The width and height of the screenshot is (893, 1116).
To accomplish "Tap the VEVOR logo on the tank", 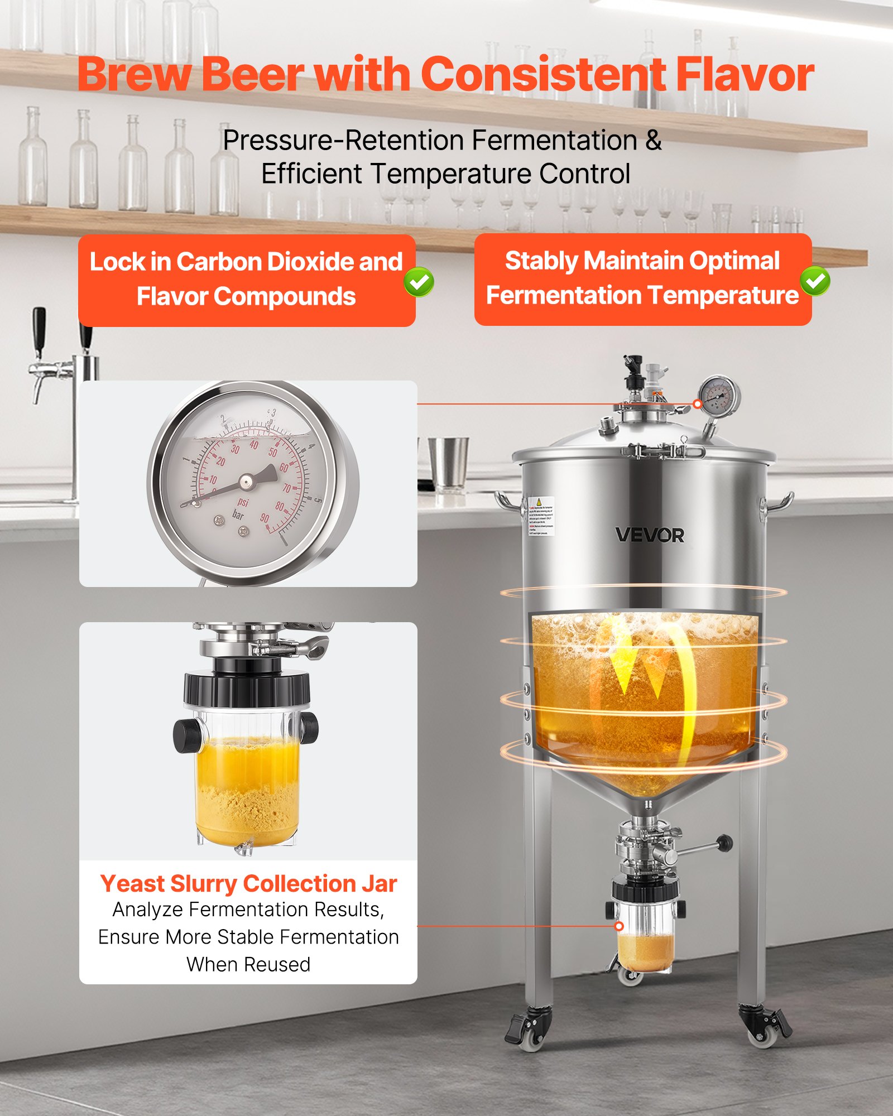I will tap(649, 535).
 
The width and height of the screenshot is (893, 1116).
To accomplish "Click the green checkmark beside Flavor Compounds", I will tap(419, 282).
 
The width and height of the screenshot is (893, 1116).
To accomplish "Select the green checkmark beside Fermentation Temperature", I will tap(815, 281).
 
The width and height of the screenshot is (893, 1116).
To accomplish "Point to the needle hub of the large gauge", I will tap(246, 481).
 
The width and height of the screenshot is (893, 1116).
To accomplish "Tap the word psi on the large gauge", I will tap(243, 502).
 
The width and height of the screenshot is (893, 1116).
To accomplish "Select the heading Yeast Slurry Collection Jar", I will tap(248, 884).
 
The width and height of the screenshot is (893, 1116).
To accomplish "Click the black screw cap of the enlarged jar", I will tap(247, 689).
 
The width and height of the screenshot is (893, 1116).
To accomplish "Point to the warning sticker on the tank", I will tap(540, 516).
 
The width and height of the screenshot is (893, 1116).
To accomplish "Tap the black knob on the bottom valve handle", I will tap(724, 843).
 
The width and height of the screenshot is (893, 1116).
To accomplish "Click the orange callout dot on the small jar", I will tap(618, 926).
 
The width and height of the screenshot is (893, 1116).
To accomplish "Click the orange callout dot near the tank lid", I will tap(697, 403).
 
